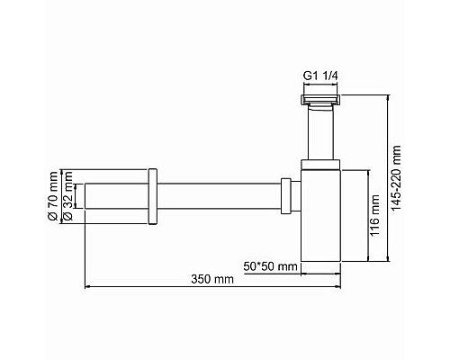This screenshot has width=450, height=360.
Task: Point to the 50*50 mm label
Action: click(271, 267)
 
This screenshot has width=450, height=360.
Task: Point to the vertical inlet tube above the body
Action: click(320, 130)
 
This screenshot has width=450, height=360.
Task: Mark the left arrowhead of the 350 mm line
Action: click(88, 287)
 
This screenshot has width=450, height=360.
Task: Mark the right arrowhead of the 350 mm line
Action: click(340, 287)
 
